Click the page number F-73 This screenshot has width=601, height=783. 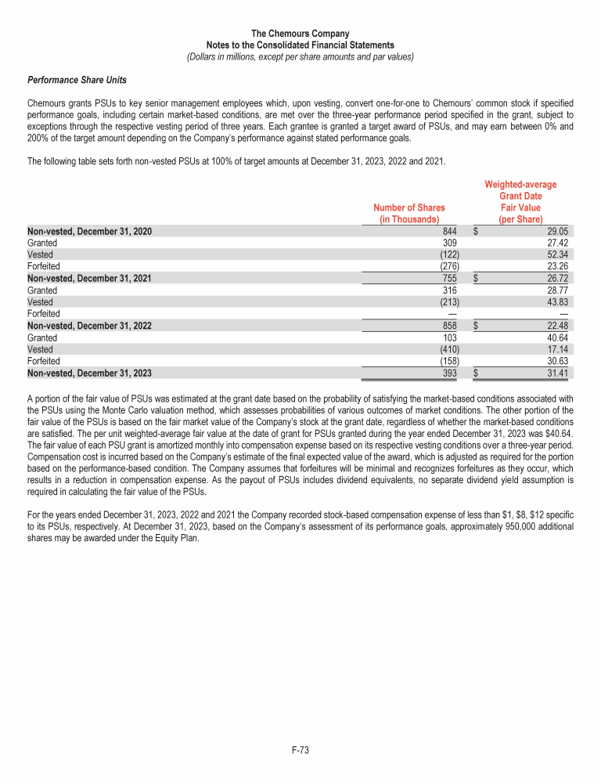[300, 750]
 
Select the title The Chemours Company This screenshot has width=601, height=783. [300, 34]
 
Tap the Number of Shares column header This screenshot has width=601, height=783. [408, 213]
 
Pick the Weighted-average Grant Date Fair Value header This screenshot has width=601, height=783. [520, 202]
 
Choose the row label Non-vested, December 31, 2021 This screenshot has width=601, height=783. [89, 279]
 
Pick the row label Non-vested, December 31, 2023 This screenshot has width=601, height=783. [89, 373]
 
